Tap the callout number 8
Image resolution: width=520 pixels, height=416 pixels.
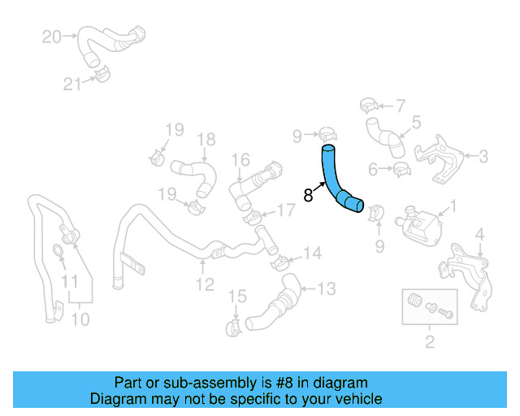pyautogui.click(x=308, y=195)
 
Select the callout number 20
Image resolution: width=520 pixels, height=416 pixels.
pyautogui.click(x=51, y=37)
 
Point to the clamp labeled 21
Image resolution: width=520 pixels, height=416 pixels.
pyautogui.click(x=101, y=76)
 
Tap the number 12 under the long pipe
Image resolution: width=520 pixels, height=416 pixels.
pyautogui.click(x=204, y=284)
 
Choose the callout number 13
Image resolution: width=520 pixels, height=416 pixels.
pyautogui.click(x=325, y=288)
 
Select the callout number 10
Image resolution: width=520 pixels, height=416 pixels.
pyautogui.click(x=79, y=319)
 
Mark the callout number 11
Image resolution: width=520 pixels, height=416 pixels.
pyautogui.click(x=71, y=282)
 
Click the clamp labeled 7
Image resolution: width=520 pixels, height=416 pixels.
pyautogui.click(x=368, y=104)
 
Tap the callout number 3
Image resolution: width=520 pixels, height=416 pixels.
pyautogui.click(x=483, y=156)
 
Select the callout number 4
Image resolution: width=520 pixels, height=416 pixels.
pyautogui.click(x=479, y=236)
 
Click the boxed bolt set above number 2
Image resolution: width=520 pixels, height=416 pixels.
pyautogui.click(x=423, y=305)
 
